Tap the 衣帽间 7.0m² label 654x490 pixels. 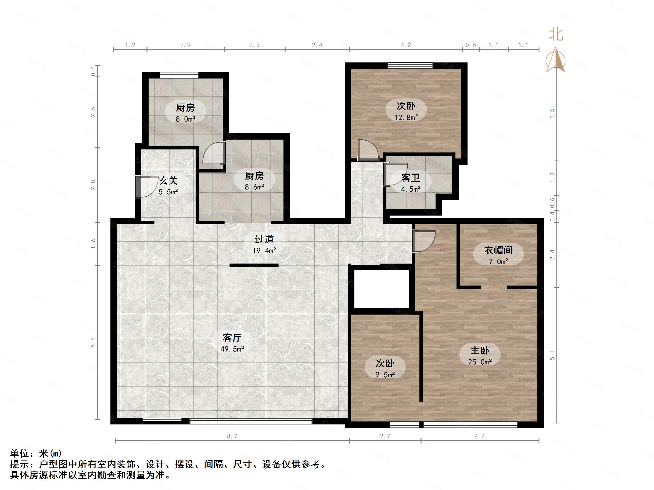pyautogui.click(x=498, y=255)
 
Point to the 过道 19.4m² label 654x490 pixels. pyautogui.click(x=264, y=244)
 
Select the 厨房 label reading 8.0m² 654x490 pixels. pyautogui.click(x=185, y=112)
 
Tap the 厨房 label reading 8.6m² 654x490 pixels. pyautogui.click(x=254, y=181)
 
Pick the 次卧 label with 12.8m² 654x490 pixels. pyautogui.click(x=406, y=111)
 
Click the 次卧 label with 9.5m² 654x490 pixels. pyautogui.click(x=385, y=368)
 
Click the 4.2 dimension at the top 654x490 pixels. pyautogui.click(x=406, y=45)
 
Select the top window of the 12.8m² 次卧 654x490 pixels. pyautogui.click(x=410, y=65)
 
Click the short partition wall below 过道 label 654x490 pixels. pyautogui.click(x=254, y=265)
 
